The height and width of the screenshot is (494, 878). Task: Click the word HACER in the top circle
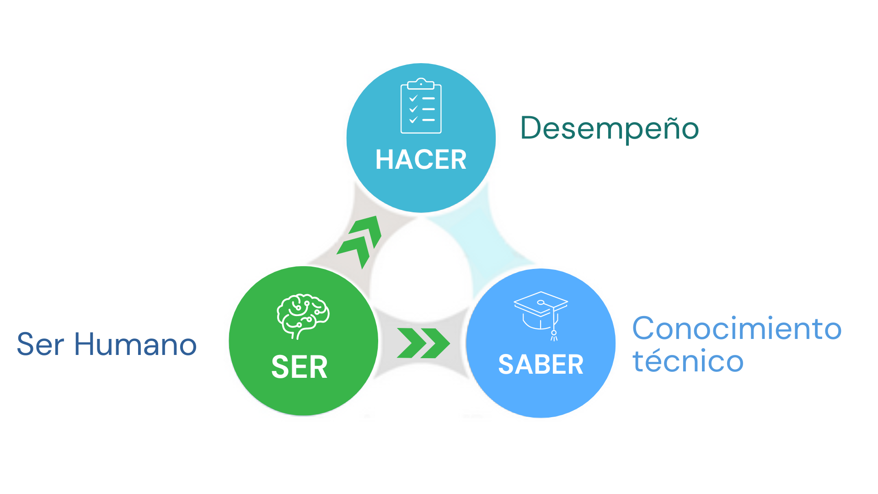pyautogui.click(x=421, y=160)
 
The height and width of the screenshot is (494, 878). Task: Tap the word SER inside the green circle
pyautogui.click(x=300, y=367)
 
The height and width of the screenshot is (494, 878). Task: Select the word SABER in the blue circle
pyautogui.click(x=541, y=365)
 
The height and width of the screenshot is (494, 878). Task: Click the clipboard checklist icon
pyautogui.click(x=421, y=106)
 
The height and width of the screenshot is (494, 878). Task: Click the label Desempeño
pyautogui.click(x=610, y=128)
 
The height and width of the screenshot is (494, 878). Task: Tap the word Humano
pyautogui.click(x=135, y=344)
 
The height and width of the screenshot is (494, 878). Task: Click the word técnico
pyautogui.click(x=688, y=361)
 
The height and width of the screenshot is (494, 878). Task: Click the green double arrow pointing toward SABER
pyautogui.click(x=423, y=343)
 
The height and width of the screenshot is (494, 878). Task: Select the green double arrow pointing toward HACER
pyautogui.click(x=360, y=241)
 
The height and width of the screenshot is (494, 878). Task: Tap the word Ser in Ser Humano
pyautogui.click(x=40, y=344)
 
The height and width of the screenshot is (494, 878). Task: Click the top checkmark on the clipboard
pyautogui.click(x=413, y=98)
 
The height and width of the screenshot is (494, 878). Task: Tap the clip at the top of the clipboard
pyautogui.click(x=421, y=83)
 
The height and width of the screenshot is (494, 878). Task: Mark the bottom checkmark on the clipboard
pyautogui.click(x=413, y=120)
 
